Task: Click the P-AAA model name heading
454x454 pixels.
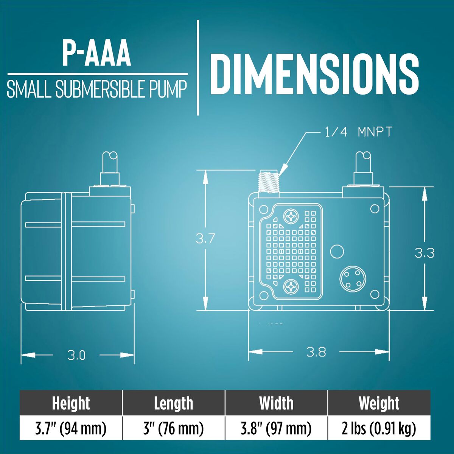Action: (96, 54)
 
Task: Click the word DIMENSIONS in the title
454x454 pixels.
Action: (314, 74)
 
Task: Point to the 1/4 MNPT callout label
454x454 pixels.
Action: (358, 132)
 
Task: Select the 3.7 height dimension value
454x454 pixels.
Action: (205, 239)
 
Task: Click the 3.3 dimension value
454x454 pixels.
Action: (424, 253)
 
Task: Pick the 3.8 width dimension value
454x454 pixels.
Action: (316, 359)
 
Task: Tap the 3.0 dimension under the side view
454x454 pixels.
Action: (76, 362)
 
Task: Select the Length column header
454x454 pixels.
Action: (174, 403)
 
